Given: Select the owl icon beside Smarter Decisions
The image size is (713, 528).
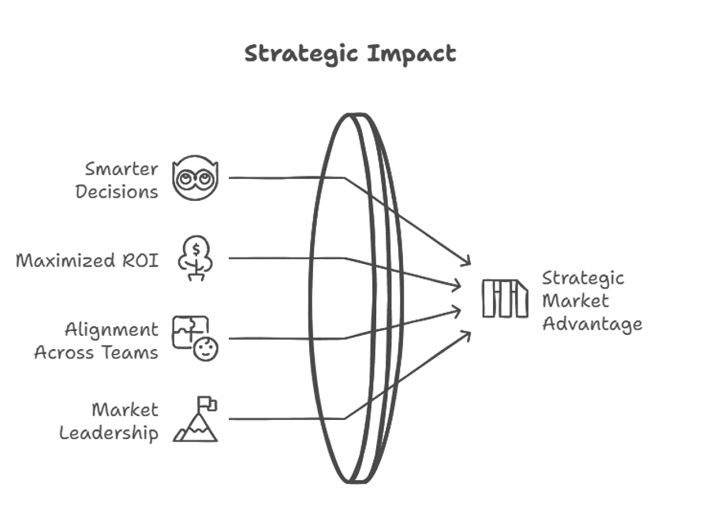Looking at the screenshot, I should (196, 179).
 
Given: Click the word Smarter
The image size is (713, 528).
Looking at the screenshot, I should (122, 169).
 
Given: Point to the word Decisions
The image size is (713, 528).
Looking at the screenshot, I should (117, 191).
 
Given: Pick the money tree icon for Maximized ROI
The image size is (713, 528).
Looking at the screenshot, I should (194, 257).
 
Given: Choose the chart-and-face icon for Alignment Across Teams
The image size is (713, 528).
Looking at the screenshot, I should (195, 338).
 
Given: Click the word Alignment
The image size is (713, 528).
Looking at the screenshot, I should (111, 329).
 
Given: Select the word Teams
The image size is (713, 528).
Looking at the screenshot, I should (130, 351).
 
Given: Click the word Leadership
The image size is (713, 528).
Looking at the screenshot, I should (109, 433).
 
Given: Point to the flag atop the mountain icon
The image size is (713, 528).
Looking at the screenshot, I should (209, 403).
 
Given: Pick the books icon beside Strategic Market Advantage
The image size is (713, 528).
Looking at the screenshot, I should (505, 299).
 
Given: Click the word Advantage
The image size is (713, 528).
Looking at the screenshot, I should (592, 323).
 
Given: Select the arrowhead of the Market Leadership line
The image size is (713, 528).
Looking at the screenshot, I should (468, 334).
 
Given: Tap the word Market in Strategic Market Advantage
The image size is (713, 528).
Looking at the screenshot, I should (575, 300).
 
